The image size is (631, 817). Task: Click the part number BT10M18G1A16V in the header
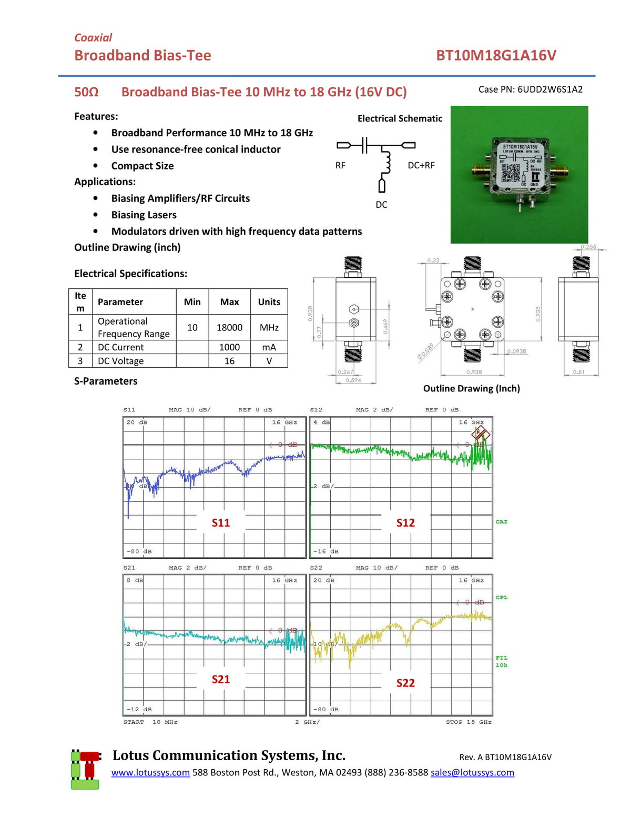point(496,55)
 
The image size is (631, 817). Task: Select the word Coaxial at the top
point(93,37)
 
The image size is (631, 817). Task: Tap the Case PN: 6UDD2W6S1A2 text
point(530,89)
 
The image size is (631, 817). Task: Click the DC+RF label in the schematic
point(421,165)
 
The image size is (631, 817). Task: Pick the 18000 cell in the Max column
point(229,327)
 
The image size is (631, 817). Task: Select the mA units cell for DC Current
point(269,347)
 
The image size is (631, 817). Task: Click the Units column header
point(269,302)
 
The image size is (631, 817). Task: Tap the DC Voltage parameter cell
point(120,361)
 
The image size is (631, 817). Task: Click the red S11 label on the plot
point(221,522)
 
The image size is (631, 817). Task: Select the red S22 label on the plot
point(405,683)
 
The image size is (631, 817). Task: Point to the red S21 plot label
point(221,679)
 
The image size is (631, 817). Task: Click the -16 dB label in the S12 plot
point(326,551)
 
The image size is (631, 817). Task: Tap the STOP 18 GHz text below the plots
point(469,722)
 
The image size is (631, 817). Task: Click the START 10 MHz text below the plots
point(150,722)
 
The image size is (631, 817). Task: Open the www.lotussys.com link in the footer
point(150,772)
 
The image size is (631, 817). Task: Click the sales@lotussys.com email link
point(472,772)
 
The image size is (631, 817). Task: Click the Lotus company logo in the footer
point(85,769)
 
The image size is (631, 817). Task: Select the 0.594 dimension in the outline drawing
point(353,380)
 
